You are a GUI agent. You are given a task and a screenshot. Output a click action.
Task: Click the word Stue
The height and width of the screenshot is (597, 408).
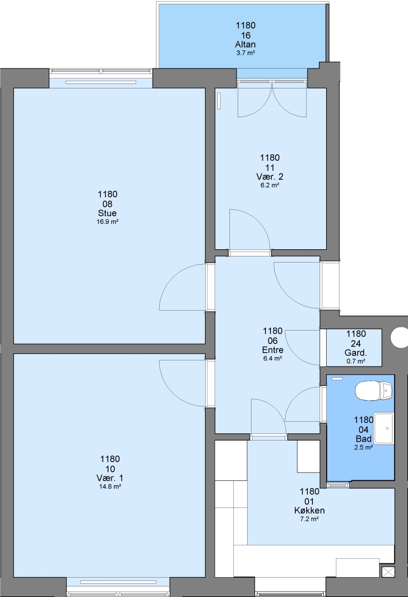pyautogui.click(x=107, y=213)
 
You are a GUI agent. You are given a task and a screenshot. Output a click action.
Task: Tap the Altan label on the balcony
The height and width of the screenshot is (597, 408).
pyautogui.click(x=245, y=45)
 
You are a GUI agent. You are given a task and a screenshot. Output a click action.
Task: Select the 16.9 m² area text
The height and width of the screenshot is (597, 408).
pyautogui.click(x=107, y=222)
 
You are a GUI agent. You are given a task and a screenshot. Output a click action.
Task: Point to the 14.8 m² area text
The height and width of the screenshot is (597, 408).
pyautogui.click(x=109, y=486)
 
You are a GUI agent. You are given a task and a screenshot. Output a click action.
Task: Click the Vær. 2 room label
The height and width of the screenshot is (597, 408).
pyautogui.click(x=270, y=177)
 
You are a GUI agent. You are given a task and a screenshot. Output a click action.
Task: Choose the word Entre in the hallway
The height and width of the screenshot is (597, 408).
pyautogui.click(x=273, y=350)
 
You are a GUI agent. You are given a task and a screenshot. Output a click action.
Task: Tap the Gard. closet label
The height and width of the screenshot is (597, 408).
pyautogui.click(x=356, y=353)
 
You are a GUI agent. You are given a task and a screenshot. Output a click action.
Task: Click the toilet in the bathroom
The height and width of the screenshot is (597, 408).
pyautogui.click(x=373, y=391)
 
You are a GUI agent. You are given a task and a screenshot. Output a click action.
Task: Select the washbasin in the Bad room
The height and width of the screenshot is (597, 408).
pyautogui.click(x=384, y=428)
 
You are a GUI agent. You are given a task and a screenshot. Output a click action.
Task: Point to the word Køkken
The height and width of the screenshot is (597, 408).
pyautogui.click(x=310, y=511)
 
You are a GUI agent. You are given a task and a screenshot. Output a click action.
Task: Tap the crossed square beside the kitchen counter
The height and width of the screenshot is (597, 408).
pyautogui.click(x=388, y=572)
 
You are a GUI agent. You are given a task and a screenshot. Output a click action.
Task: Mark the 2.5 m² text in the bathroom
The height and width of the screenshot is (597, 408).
pyautogui.click(x=363, y=448)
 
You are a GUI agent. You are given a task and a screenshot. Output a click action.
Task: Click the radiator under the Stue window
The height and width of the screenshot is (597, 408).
pyautogui.click(x=101, y=82)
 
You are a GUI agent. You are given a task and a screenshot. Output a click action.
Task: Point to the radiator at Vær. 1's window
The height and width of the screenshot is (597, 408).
pyautogui.click(x=118, y=582)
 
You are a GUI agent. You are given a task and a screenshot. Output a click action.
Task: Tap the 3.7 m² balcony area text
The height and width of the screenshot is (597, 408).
pyautogui.click(x=245, y=53)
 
